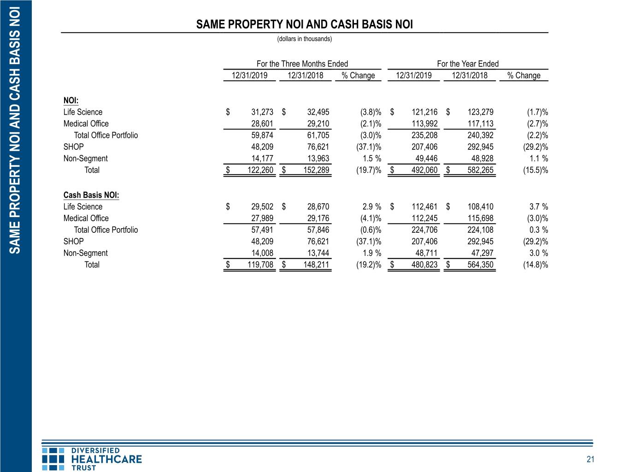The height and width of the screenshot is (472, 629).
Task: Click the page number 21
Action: click(590, 460)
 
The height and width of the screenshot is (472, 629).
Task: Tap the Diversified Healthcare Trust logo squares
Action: click(53, 459)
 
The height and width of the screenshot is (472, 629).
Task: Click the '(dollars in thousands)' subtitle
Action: click(304, 39)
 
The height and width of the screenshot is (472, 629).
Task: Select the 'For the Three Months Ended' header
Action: click(302, 64)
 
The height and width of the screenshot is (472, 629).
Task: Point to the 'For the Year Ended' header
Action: click(468, 64)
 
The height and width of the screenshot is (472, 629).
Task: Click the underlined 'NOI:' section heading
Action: click(71, 100)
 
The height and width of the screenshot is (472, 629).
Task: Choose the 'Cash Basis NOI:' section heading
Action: click(91, 195)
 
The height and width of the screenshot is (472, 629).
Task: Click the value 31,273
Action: click(262, 112)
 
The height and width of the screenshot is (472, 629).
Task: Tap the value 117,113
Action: click(480, 124)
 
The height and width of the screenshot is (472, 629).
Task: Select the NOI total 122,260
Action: click(260, 170)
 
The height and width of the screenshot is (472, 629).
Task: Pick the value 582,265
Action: click(480, 170)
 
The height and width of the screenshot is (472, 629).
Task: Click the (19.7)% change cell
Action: click(369, 170)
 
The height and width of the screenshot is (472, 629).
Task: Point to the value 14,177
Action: click(262, 159)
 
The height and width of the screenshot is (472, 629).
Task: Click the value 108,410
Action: click(480, 206)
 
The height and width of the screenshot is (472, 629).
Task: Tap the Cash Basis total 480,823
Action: click(424, 265)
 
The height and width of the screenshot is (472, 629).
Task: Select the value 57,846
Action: click(318, 230)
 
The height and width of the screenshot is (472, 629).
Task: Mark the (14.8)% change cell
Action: click(535, 265)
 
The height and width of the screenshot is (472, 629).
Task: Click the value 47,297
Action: click(482, 253)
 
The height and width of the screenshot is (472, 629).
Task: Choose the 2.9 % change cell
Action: click(372, 206)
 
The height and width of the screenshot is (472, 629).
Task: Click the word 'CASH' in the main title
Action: click(345, 24)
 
